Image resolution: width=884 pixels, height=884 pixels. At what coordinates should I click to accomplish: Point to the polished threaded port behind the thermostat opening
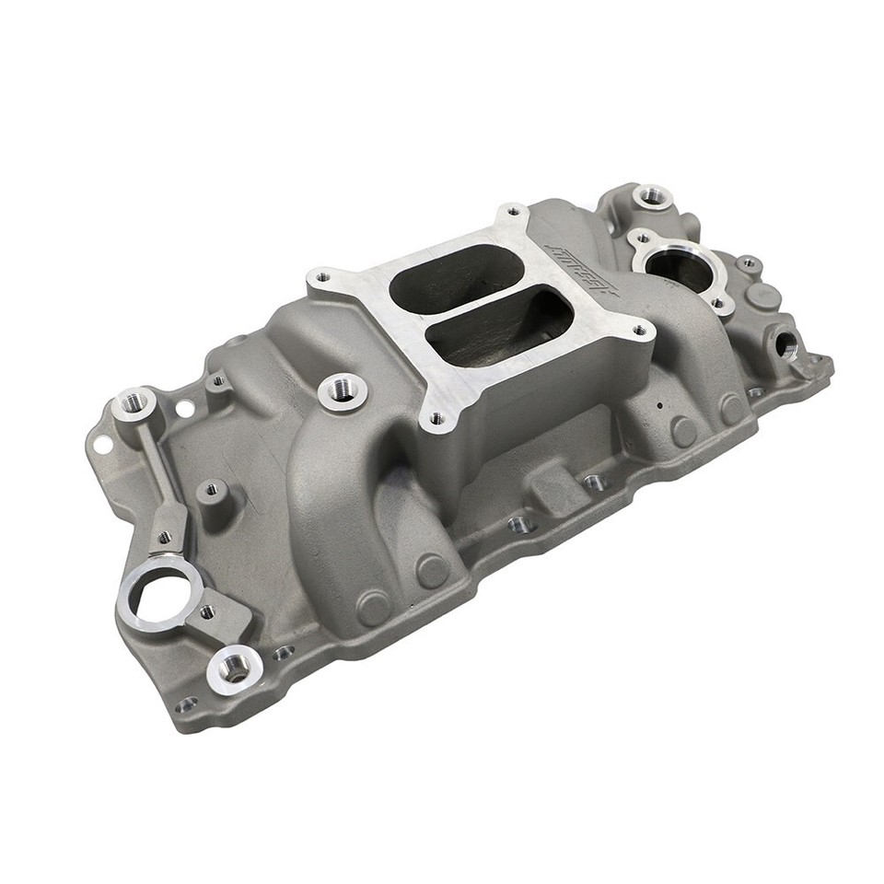652,195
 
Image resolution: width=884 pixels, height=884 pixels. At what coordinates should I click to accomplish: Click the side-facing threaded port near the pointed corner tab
788,344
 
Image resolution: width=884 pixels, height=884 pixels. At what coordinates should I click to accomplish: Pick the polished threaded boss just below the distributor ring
233,669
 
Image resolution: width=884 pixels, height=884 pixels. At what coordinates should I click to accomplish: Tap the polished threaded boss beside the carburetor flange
343,390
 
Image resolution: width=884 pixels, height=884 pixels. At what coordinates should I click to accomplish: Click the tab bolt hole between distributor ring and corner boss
208,611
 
